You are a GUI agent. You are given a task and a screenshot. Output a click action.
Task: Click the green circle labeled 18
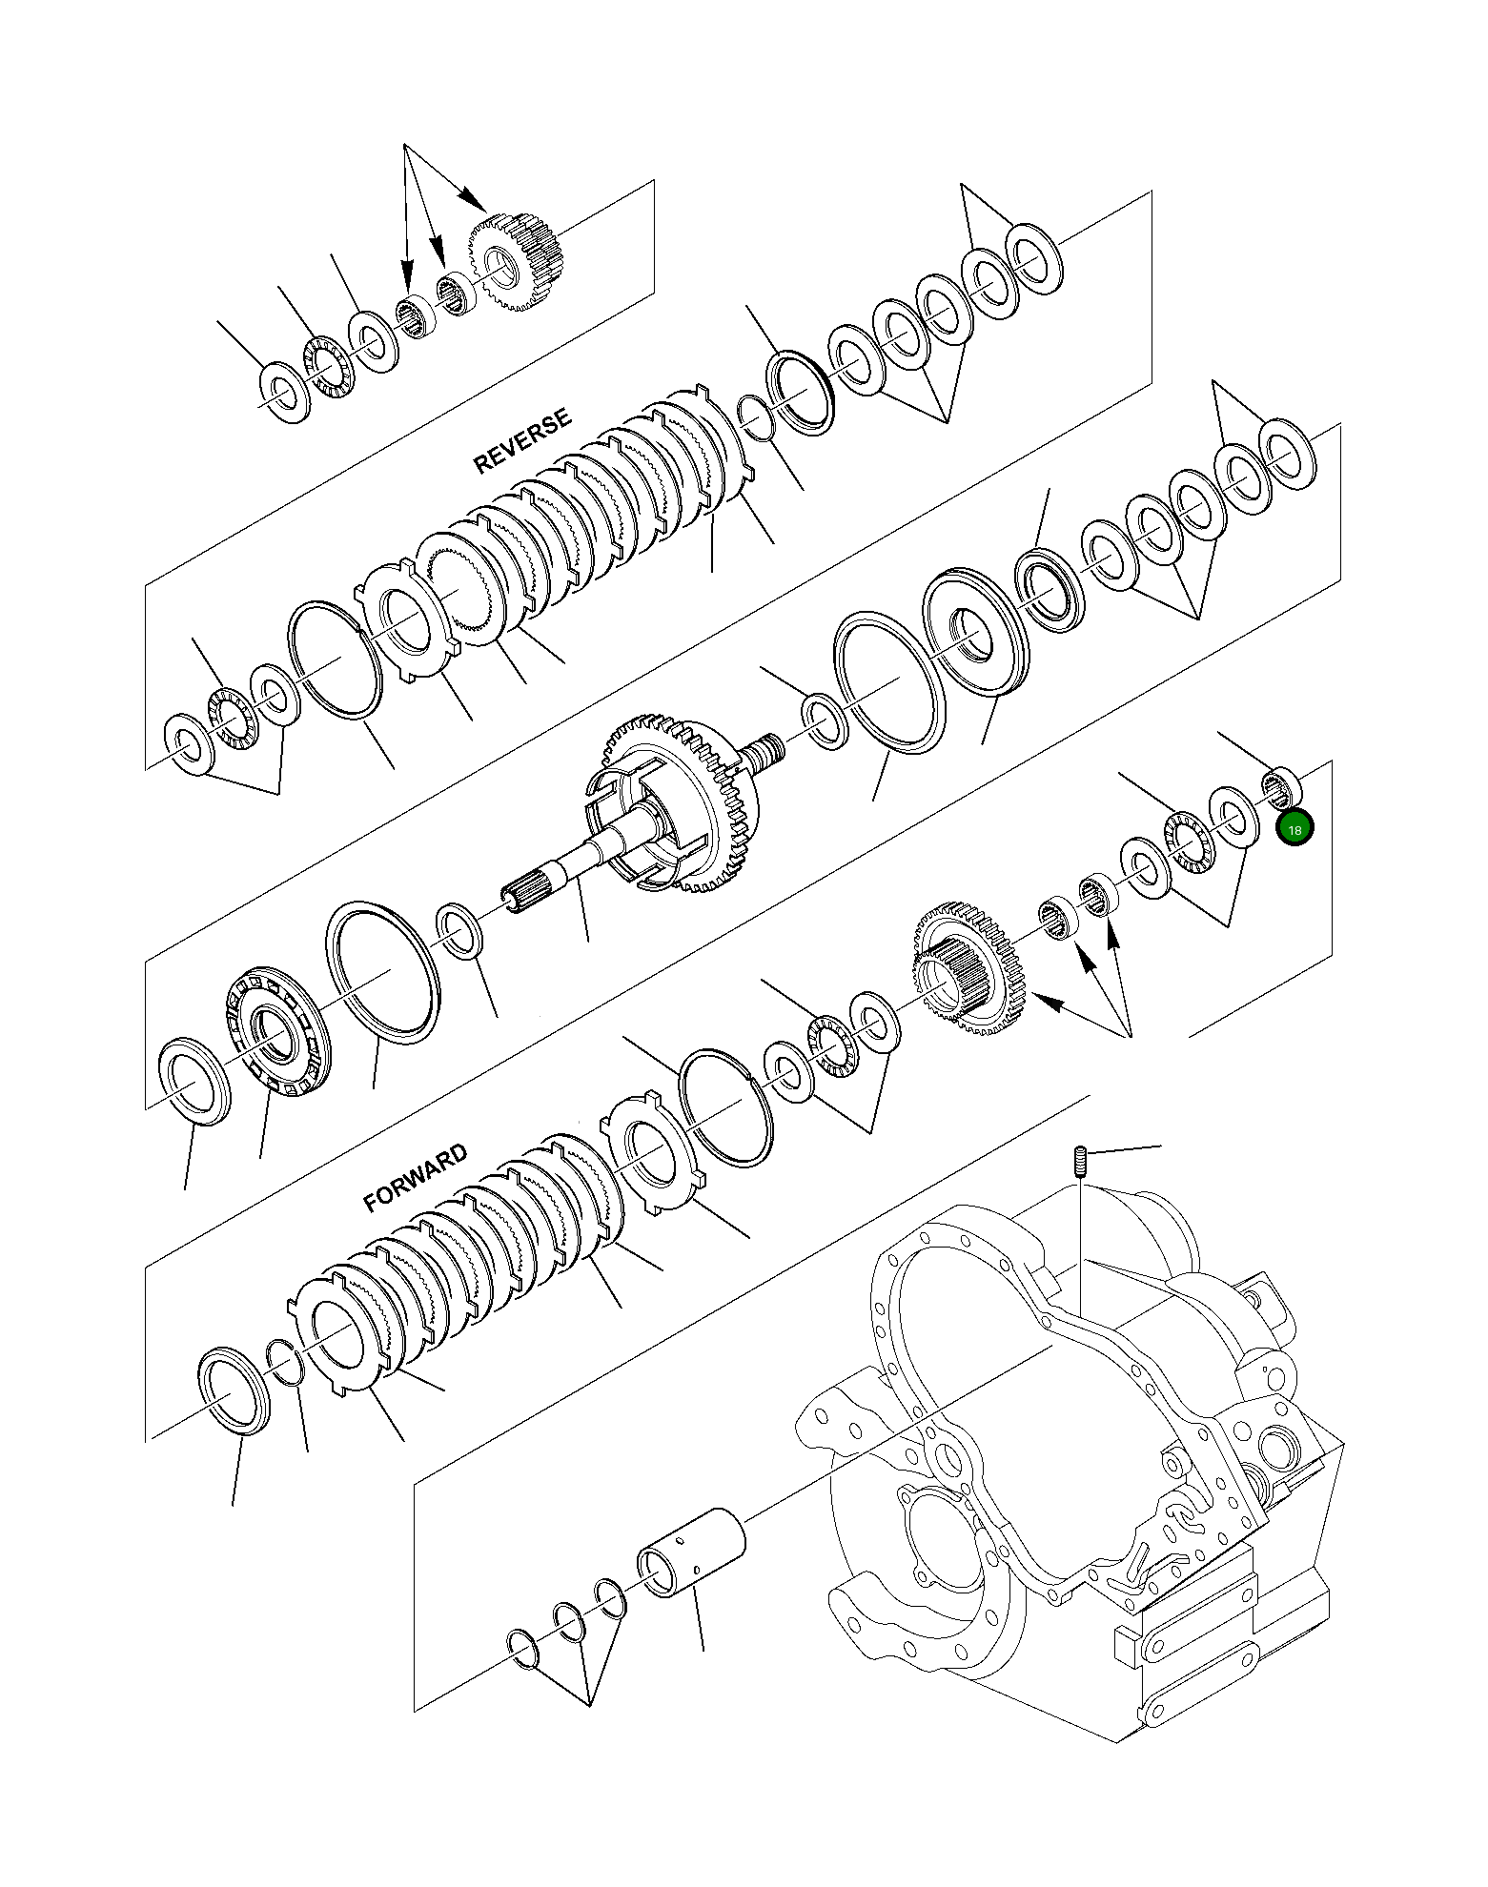(x=1294, y=829)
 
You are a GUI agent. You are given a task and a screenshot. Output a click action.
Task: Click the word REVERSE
(x=522, y=441)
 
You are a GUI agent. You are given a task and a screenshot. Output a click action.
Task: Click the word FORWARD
(x=416, y=1178)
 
